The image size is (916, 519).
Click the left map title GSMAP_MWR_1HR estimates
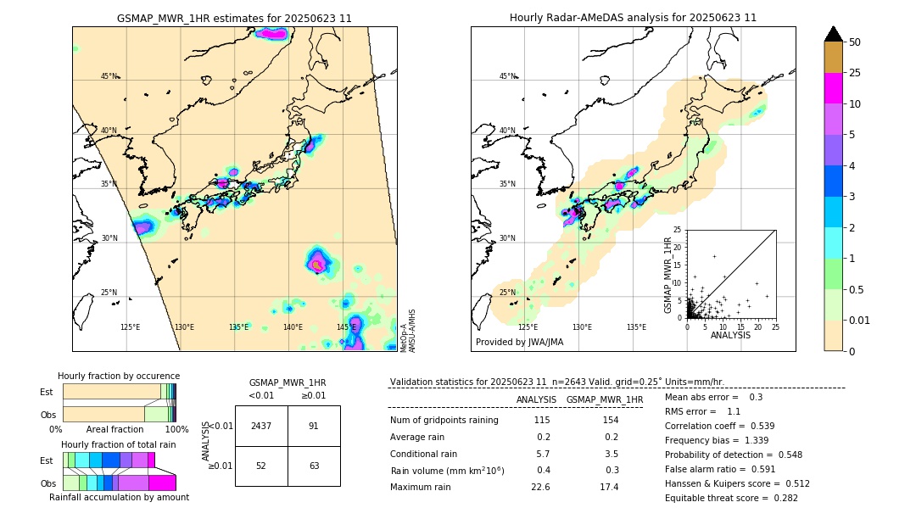(x=234, y=18)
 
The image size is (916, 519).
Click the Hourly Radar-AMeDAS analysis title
(x=633, y=18)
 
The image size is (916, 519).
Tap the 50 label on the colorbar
(x=856, y=42)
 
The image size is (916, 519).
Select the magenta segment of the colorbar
(x=834, y=89)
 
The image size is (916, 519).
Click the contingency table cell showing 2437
(x=261, y=426)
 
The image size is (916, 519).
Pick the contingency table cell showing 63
(x=314, y=466)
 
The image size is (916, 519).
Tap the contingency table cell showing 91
(x=314, y=426)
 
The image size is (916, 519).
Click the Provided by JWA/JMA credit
(x=519, y=342)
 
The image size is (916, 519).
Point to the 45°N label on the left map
(x=109, y=76)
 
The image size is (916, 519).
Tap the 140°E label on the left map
(x=293, y=327)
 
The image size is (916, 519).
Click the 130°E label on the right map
(x=582, y=327)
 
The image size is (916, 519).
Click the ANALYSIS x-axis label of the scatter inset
(x=730, y=336)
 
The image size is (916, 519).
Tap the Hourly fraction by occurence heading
(x=119, y=376)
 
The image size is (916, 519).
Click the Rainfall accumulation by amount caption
(x=119, y=497)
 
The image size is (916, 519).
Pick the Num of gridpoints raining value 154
(x=610, y=421)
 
